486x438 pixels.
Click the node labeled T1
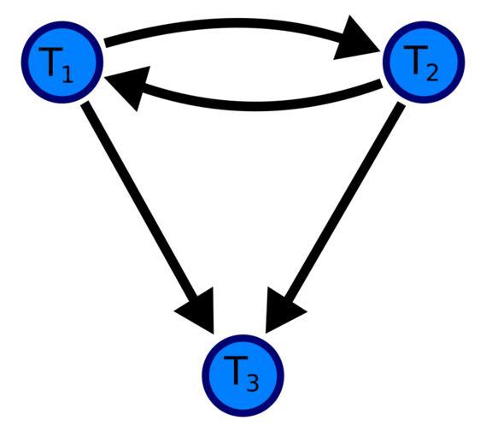pyautogui.click(x=62, y=62)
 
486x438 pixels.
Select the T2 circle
pyautogui.click(x=424, y=62)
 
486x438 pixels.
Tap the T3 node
pyautogui.click(x=243, y=376)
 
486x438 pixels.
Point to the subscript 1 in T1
pyautogui.click(x=67, y=74)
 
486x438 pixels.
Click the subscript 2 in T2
pyautogui.click(x=432, y=73)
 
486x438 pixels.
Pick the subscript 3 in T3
pyautogui.click(x=253, y=382)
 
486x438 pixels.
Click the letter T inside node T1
pyautogui.click(x=51, y=62)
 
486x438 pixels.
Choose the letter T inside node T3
pyautogui.click(x=236, y=370)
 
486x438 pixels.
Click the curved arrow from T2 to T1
pyautogui.click(x=248, y=106)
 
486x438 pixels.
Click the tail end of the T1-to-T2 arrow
pyautogui.click(x=105, y=44)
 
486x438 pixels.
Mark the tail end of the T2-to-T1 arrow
pyautogui.click(x=382, y=83)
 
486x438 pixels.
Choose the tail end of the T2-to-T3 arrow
pyautogui.click(x=401, y=104)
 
